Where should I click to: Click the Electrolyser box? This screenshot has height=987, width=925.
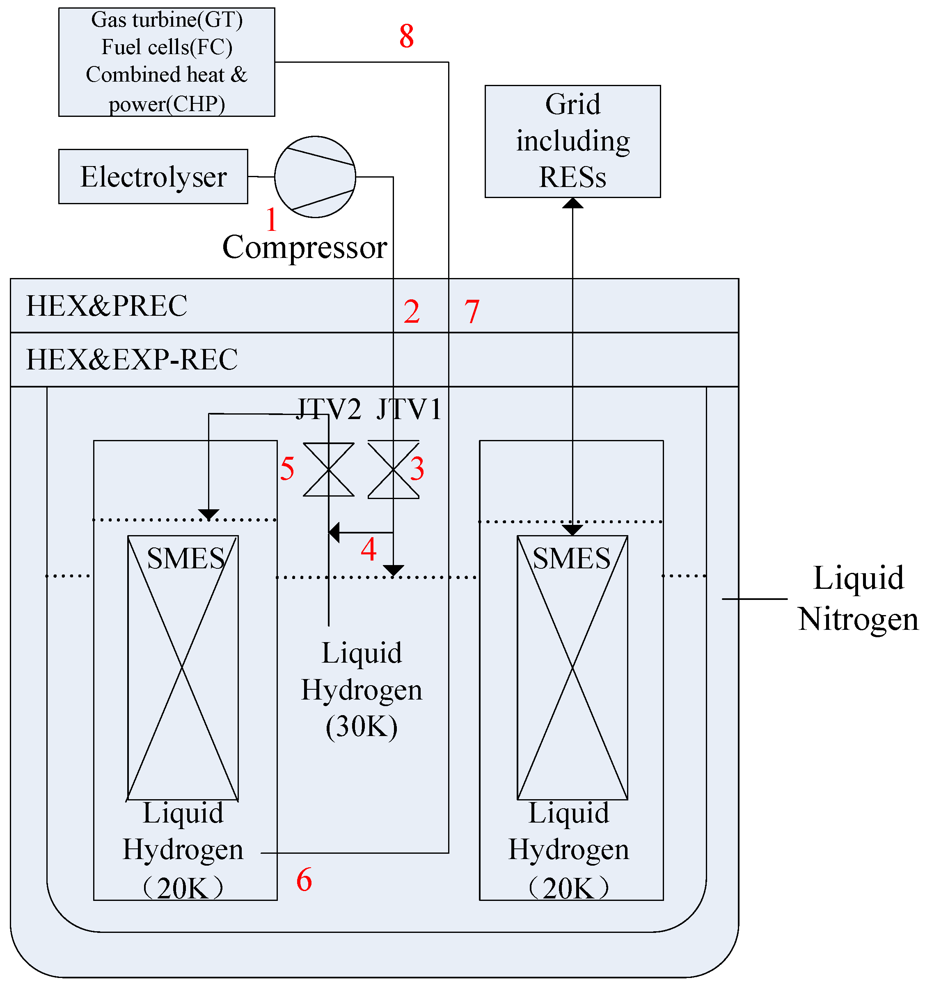(153, 177)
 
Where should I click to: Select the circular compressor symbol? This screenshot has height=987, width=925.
(315, 177)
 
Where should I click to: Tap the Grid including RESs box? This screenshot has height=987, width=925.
(572, 141)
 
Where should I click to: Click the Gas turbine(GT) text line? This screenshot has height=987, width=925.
(167, 20)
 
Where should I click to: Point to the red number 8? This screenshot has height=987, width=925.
(406, 36)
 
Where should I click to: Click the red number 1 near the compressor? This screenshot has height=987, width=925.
(271, 219)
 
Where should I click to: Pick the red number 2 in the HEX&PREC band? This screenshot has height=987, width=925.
(411, 312)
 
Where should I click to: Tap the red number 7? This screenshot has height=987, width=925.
(472, 312)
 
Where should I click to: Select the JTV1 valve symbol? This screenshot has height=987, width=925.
(393, 469)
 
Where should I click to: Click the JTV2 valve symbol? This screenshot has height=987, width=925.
(328, 469)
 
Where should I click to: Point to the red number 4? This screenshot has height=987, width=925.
(368, 549)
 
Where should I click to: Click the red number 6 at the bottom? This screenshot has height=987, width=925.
(304, 880)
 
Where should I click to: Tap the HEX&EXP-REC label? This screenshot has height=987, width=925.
(132, 360)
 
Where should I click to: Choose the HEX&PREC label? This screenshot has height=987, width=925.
(106, 306)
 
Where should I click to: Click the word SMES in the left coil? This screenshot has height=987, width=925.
(185, 558)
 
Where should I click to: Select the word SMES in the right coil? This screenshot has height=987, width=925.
(571, 558)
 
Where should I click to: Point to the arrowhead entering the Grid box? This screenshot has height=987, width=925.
(572, 203)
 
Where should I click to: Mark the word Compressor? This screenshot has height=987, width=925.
(304, 247)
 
